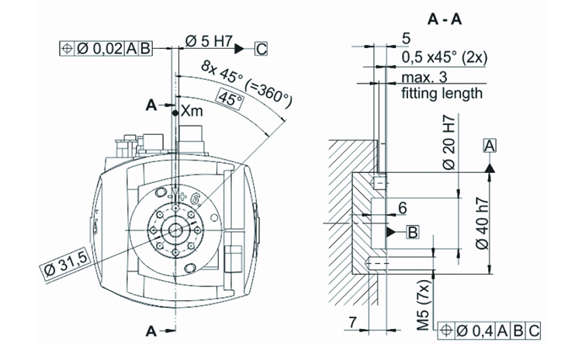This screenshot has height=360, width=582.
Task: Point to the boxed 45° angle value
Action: point(230,100)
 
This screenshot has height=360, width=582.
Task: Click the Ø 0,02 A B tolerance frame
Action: point(108,49)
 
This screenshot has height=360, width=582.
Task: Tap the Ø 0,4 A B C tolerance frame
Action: point(490,331)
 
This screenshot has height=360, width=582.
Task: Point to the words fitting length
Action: point(442,93)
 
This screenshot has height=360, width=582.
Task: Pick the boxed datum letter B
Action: point(413,231)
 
